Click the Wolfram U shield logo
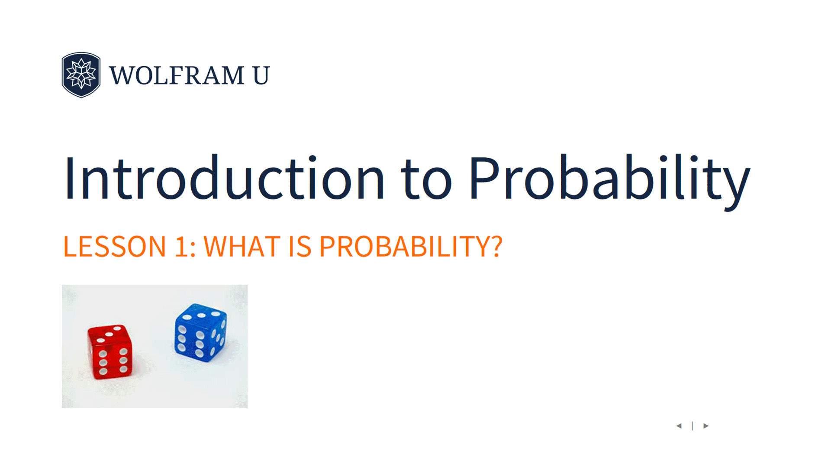(81, 75)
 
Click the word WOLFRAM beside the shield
(177, 75)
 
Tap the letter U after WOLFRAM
(261, 75)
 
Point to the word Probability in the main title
(609, 181)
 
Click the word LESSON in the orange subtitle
(115, 246)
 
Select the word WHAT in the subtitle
(242, 246)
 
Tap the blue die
(200, 332)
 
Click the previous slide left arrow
(679, 426)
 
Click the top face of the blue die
(202, 313)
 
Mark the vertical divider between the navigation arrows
(692, 426)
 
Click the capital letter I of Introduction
(69, 178)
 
